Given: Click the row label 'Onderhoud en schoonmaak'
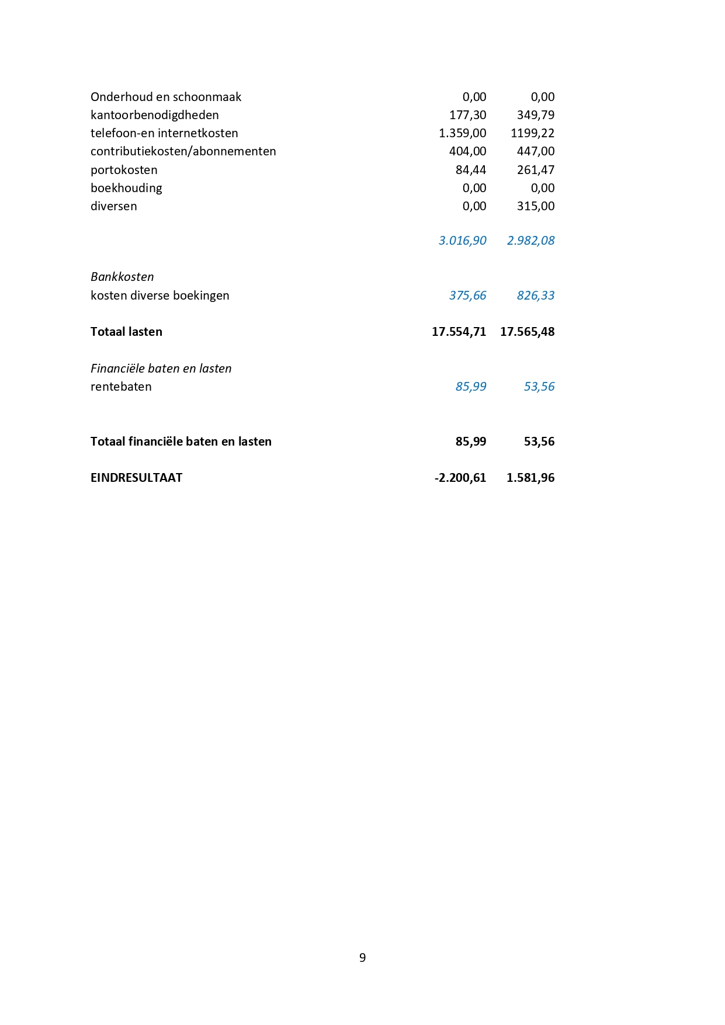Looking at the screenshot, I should point(165,97).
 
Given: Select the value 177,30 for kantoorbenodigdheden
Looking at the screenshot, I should point(467,115).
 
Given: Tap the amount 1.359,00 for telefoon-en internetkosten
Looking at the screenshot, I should point(462,133).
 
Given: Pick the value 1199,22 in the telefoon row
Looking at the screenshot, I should point(532,133).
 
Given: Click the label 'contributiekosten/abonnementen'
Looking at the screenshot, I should point(183,151).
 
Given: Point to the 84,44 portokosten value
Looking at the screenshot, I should point(470,170).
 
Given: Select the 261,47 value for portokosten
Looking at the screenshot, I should point(535,170).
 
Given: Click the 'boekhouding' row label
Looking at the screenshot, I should point(126,188).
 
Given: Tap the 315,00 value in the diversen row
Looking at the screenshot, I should point(535,206).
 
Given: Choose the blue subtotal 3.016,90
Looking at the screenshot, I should point(462,241).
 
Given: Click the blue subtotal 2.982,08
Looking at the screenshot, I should point(530,241).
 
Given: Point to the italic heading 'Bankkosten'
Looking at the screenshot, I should point(122,277).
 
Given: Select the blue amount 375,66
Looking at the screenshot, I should point(467,296).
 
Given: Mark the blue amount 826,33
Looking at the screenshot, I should point(535,296).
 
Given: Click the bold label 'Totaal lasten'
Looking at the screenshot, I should point(126,332).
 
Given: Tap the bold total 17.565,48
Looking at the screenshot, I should point(527,332).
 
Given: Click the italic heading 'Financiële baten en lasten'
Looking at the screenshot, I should point(161,369).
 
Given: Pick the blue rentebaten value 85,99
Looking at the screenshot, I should point(470,387).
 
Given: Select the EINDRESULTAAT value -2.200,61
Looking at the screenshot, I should point(460,478).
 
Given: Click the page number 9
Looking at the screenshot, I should point(362,958).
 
